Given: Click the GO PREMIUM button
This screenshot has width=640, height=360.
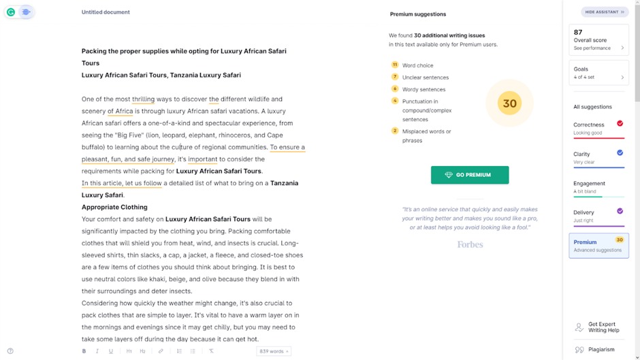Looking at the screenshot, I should [x=469, y=175].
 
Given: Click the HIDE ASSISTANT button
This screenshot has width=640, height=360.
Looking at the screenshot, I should [x=605, y=12].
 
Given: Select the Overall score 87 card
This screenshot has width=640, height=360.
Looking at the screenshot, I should [x=598, y=39].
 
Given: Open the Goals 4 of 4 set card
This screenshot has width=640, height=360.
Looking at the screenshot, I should [x=598, y=73].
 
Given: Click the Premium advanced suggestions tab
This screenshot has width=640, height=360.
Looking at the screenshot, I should [x=598, y=246].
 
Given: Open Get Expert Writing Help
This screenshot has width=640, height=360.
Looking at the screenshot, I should [x=602, y=327].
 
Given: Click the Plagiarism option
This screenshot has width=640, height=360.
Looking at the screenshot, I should [x=601, y=350].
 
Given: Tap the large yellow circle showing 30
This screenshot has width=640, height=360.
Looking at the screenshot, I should [x=509, y=104].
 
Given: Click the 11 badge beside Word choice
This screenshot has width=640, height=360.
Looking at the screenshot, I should [x=395, y=65].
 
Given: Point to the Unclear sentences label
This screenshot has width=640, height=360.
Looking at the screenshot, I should [x=425, y=78].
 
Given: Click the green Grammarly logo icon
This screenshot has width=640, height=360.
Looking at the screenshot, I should [x=11, y=12].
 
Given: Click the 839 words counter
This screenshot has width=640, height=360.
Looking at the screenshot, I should [x=273, y=351].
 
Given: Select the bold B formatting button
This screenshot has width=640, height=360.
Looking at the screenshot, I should [x=84, y=351].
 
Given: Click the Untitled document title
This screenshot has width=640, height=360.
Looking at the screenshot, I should [x=106, y=12].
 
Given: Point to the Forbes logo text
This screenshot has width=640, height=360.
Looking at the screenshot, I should [x=470, y=244].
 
